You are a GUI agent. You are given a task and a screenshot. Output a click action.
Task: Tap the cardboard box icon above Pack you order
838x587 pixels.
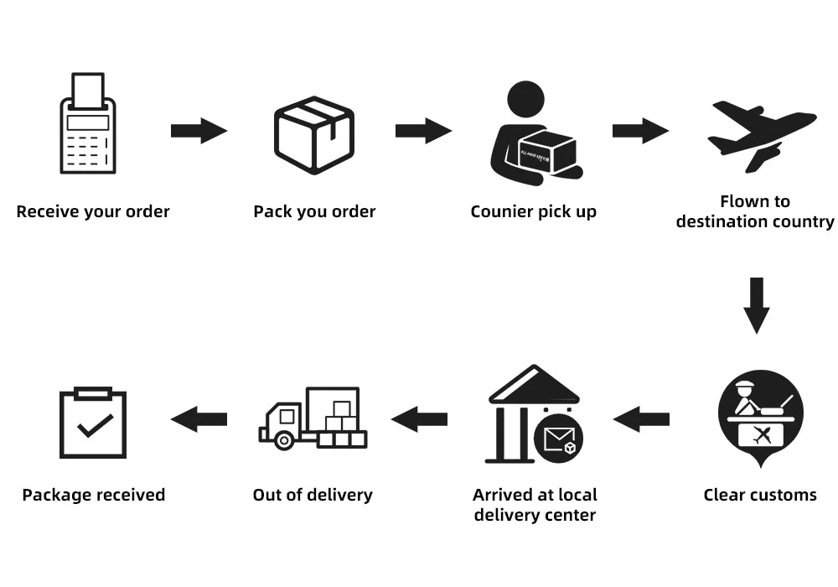coord(314,134)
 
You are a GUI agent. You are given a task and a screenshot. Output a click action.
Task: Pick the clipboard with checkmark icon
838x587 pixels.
coord(93,423)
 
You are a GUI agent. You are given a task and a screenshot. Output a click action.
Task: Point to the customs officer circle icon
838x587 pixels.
coord(760,414)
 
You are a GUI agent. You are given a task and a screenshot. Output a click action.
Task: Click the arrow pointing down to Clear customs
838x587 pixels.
coord(757,304)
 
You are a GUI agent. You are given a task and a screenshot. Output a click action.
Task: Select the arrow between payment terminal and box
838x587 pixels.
coord(199,131)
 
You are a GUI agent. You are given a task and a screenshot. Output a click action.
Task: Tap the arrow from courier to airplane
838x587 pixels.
coord(640,131)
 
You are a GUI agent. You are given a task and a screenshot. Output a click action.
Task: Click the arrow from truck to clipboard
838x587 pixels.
coord(199,418)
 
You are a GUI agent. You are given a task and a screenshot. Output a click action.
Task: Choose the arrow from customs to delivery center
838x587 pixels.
coord(641,418)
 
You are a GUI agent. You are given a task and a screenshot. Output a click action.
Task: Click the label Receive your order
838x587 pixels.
coord(93,211)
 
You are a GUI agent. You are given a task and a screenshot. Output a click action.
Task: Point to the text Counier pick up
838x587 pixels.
coord(534,211)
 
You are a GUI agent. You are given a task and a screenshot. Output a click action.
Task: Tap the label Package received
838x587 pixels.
coord(93,495)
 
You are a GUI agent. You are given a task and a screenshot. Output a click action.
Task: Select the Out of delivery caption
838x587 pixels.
coord(313,495)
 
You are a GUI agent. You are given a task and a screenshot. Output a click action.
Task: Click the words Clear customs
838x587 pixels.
coord(760,495)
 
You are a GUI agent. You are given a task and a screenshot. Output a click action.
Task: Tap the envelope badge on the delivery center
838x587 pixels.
coord(558,438)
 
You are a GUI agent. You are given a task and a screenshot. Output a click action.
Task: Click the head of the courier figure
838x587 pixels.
coord(525,99)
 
